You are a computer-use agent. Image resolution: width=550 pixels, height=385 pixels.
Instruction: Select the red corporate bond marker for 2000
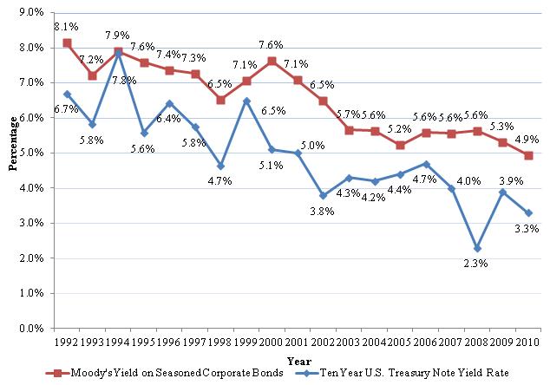(272, 61)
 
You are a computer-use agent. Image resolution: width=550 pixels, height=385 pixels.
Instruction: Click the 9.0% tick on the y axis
(31, 12)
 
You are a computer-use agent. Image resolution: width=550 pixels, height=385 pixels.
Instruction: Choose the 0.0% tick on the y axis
(31, 330)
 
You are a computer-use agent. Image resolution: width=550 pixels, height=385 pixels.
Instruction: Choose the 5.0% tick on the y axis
(31, 153)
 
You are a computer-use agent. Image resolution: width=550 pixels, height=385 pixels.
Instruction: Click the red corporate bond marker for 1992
(67, 42)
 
